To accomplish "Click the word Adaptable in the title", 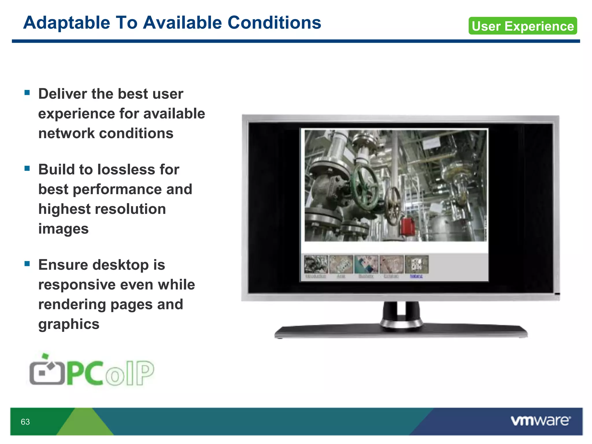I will [66, 23].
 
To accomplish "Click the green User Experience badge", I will [523, 26].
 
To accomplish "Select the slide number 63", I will [25, 422].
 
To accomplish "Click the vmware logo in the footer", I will [541, 421].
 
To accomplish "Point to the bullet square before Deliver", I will [27, 93].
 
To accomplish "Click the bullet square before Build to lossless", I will [27, 168].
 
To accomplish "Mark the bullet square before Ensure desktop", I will [27, 264].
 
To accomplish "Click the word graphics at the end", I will [69, 324].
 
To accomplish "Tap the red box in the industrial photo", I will [408, 226].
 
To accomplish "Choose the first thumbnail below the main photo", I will [316, 264].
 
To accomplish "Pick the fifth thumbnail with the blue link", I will [417, 264].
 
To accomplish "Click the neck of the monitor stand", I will [401, 314].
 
